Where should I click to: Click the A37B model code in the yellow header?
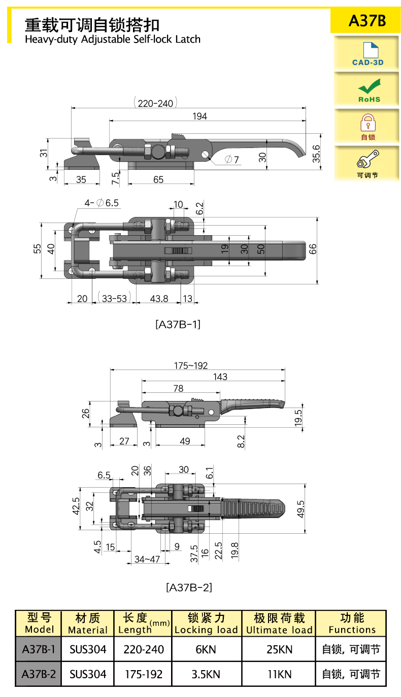pos(367,21)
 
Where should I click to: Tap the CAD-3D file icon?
pos(371,50)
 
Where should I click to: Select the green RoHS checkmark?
pos(369,86)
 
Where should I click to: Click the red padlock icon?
pos(368,122)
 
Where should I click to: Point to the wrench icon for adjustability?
pos(368,159)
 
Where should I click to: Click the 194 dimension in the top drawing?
pos(199,117)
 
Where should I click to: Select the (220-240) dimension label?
pos(155,103)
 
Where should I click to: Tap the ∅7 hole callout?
pos(232,160)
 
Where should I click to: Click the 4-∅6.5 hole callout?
pos(102,203)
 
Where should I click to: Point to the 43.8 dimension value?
pos(159,299)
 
